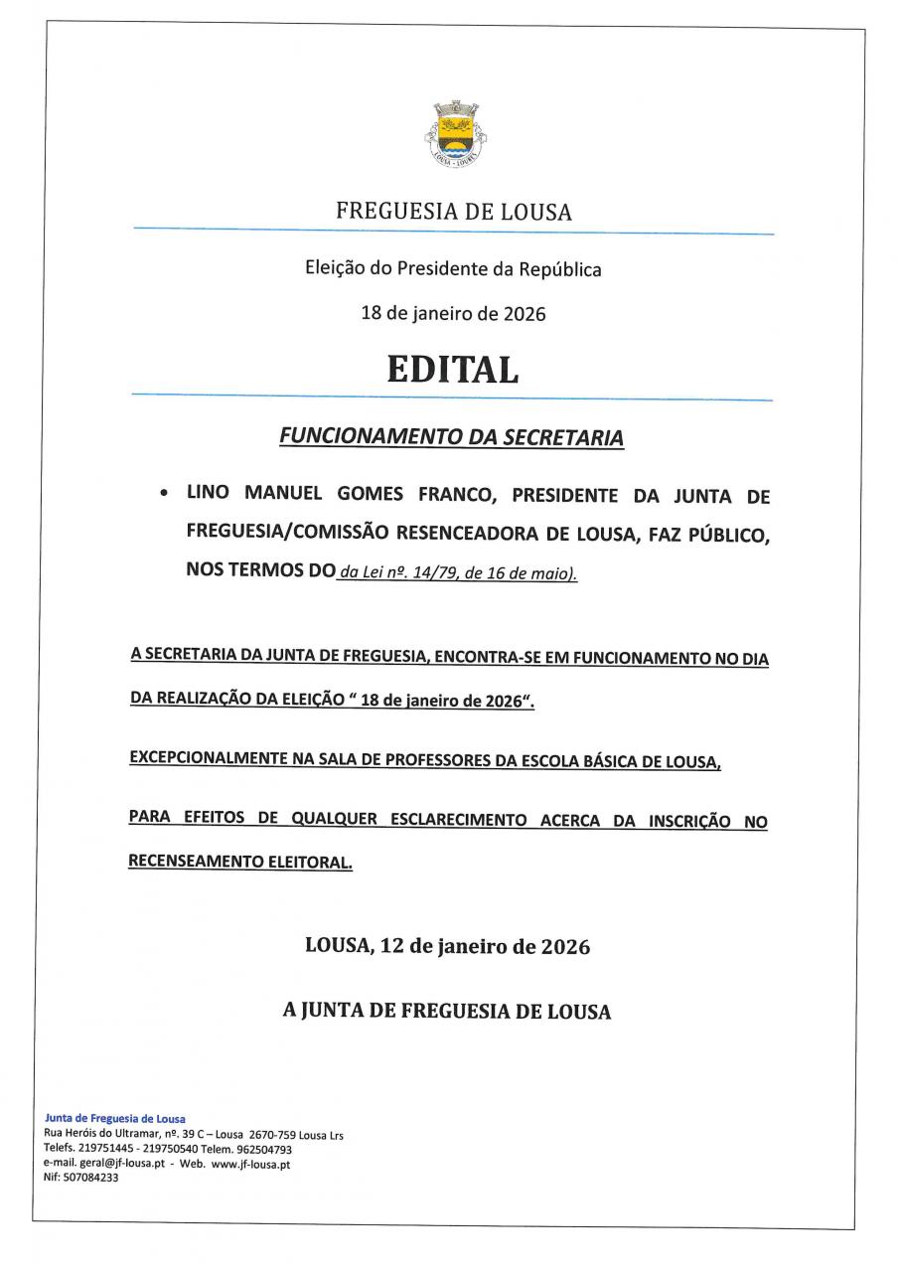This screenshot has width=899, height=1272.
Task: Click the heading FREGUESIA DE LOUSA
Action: pos(453,212)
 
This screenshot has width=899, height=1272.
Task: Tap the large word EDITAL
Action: pos(453,370)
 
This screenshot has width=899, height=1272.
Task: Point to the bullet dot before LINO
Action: pos(163,494)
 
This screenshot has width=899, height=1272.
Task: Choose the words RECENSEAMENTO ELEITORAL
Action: pos(240,863)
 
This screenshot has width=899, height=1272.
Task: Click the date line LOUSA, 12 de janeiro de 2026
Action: pos(447,947)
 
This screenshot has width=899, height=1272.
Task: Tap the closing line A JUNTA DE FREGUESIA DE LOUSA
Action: pos(447,1012)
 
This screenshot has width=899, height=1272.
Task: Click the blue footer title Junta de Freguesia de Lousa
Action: pos(115,1118)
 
